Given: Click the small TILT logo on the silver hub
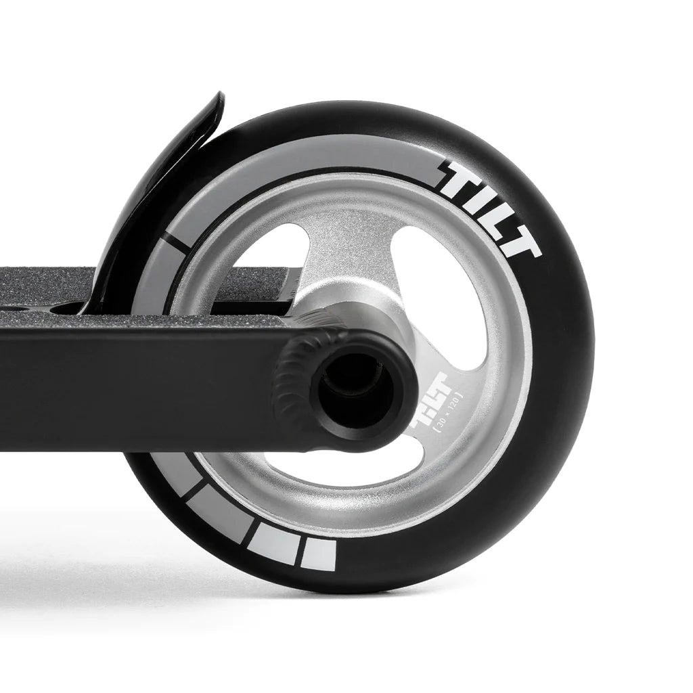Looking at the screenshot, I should tap(425, 414).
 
